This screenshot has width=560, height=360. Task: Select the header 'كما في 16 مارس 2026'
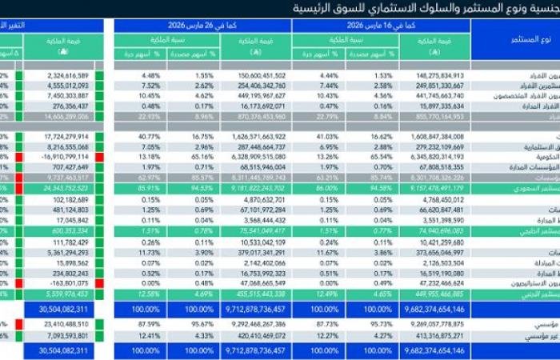pos(382,26)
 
